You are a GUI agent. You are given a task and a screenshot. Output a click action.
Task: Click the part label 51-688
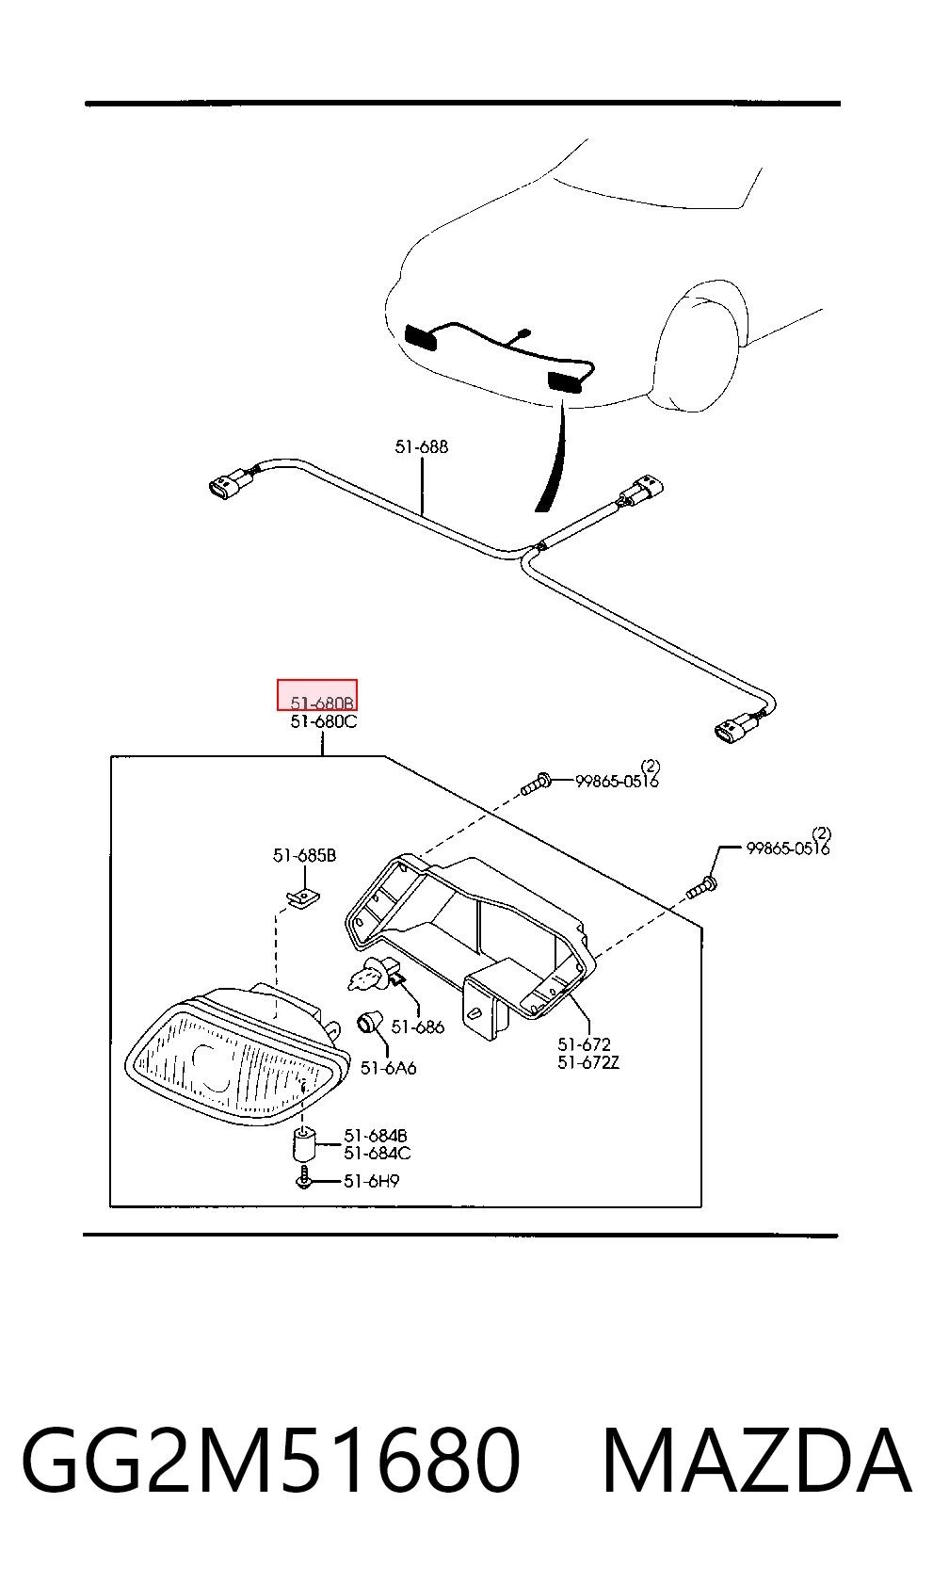click(x=421, y=447)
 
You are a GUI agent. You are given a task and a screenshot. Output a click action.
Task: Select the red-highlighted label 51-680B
click(x=322, y=703)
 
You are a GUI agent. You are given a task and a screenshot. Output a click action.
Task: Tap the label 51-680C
click(x=324, y=722)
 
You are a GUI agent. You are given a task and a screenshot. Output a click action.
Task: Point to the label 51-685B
click(x=305, y=856)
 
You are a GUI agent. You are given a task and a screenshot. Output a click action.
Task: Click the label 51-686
click(x=418, y=1026)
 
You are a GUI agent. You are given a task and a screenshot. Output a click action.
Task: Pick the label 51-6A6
click(x=388, y=1069)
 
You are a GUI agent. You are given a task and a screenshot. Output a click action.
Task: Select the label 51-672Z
click(x=588, y=1063)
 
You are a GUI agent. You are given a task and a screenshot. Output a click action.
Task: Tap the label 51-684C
click(x=377, y=1154)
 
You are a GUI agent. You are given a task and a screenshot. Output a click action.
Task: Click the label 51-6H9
click(x=371, y=1182)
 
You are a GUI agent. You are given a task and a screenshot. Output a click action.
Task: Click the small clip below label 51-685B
click(x=303, y=899)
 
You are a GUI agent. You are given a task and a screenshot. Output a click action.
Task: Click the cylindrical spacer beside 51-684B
click(x=304, y=1145)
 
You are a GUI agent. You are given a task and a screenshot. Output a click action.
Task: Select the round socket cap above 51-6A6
click(x=368, y=1022)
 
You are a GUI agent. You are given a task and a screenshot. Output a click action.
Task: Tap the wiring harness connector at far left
click(x=231, y=483)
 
